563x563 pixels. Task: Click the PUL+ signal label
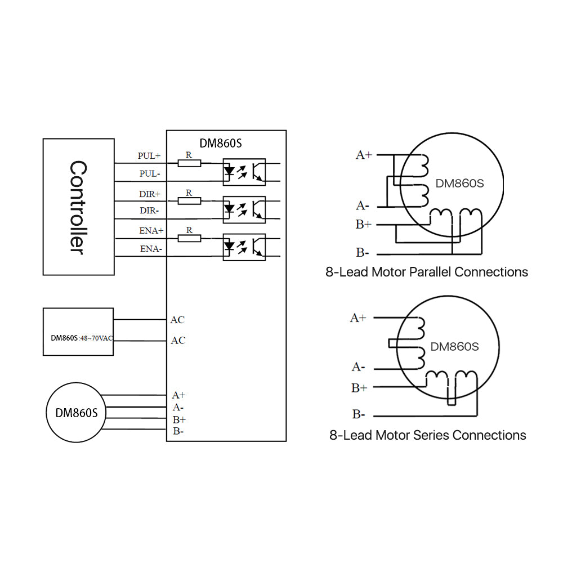149,155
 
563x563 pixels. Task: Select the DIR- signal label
150,211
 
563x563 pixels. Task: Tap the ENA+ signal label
151,231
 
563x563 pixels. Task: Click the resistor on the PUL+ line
189,163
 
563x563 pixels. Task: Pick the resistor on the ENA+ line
189,238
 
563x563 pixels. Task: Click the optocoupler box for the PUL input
244,172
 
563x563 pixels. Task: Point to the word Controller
78,207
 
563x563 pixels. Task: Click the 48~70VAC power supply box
78,332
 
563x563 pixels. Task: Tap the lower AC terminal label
177,341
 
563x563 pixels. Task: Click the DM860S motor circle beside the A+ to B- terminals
77,412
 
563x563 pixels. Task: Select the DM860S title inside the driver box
221,143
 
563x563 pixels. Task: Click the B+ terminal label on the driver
179,419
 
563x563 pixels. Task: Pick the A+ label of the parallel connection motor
364,155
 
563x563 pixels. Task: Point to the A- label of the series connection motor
358,367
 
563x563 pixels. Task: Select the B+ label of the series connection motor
359,387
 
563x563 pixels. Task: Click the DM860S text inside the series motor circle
454,347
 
